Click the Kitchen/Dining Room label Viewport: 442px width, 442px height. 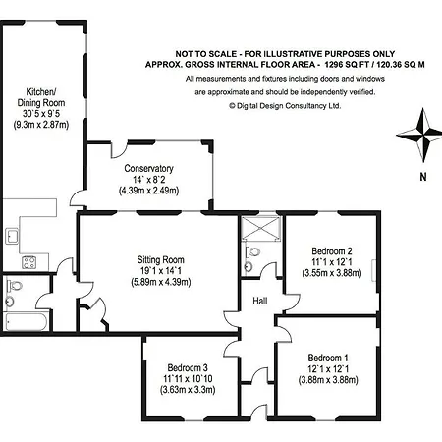(x=41, y=97)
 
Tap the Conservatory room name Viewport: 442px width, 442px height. (x=148, y=168)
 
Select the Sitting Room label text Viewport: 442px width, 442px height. (x=160, y=260)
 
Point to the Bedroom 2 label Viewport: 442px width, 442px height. (x=332, y=251)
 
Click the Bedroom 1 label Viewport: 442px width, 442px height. (x=328, y=358)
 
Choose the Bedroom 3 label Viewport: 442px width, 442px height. (x=188, y=367)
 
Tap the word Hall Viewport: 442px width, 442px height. (x=260, y=301)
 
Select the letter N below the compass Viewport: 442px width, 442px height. (x=423, y=177)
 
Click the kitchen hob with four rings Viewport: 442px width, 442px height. (x=29, y=262)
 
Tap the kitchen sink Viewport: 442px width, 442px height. (x=13, y=236)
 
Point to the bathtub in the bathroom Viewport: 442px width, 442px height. (x=26, y=322)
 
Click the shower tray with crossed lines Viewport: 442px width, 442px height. (x=261, y=229)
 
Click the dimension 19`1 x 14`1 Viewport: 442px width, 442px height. (x=160, y=271)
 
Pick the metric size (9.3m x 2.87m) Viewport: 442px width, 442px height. (x=41, y=125)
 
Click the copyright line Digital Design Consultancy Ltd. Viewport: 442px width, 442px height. (x=285, y=106)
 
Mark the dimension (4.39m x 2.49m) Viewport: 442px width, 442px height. (x=148, y=191)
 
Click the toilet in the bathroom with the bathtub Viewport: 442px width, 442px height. (x=14, y=285)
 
